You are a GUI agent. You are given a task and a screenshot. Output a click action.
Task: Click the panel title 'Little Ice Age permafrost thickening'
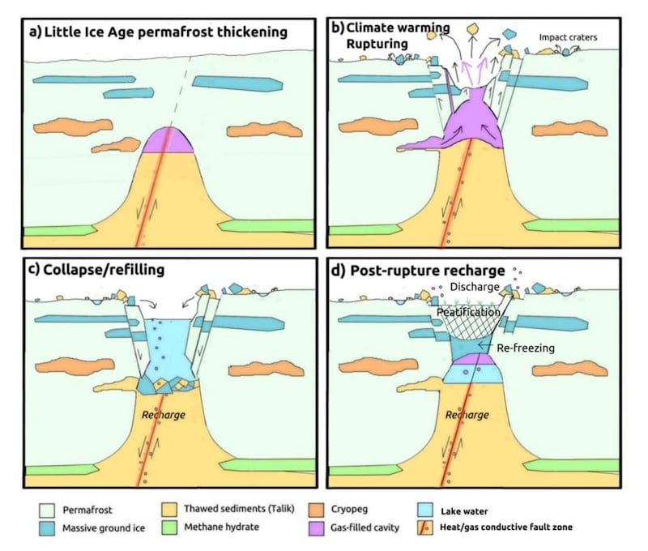click(x=157, y=32)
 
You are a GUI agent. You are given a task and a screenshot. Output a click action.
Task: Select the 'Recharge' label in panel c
click(x=163, y=415)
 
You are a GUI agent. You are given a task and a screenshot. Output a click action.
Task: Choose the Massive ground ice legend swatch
click(x=48, y=528)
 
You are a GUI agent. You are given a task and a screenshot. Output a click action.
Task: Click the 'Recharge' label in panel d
click(x=467, y=415)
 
